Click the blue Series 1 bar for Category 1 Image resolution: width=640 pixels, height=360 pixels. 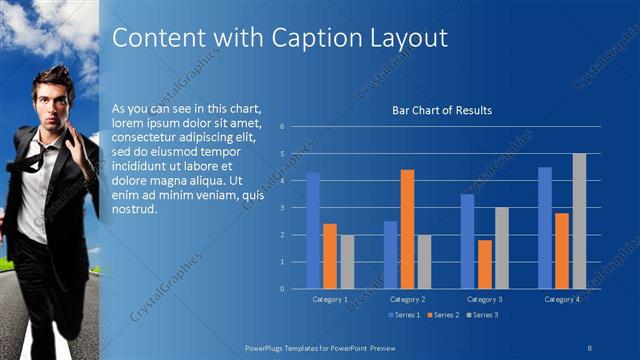click(x=313, y=230)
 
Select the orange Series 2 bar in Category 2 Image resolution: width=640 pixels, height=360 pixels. click(x=407, y=229)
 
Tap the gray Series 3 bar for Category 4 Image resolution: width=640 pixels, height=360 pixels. click(x=579, y=221)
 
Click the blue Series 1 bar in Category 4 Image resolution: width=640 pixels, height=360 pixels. click(x=545, y=228)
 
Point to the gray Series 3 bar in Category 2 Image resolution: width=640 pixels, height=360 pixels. click(x=424, y=262)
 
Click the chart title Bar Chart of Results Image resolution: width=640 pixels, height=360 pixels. click(x=441, y=110)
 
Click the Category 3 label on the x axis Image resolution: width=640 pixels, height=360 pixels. click(x=485, y=299)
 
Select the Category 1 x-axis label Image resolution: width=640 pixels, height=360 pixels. click(x=330, y=299)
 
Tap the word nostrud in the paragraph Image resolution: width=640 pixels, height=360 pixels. click(x=136, y=208)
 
